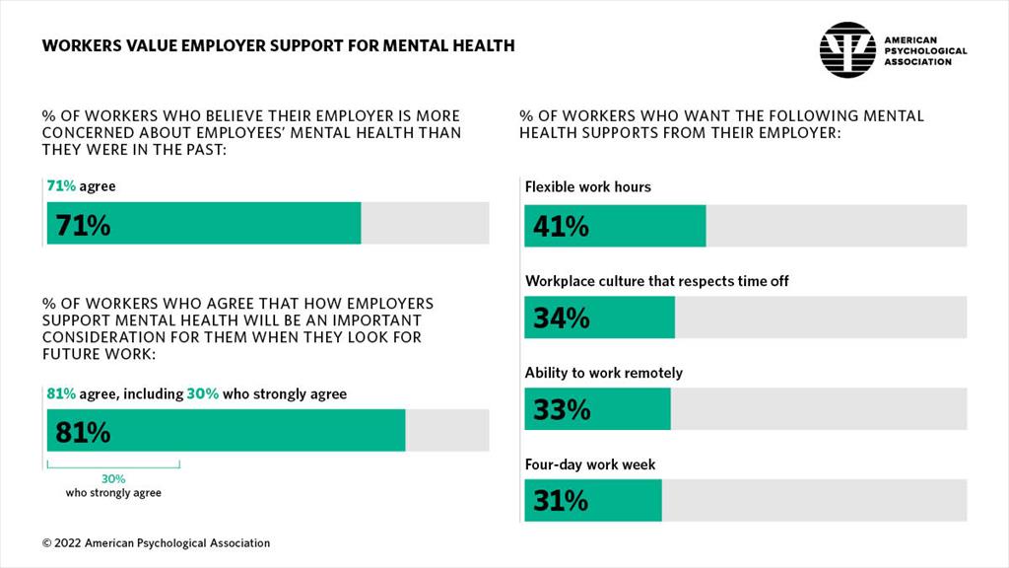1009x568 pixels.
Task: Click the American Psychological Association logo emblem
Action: click(847, 49)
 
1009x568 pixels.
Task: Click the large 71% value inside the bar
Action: click(83, 225)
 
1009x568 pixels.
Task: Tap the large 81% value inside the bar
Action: click(83, 432)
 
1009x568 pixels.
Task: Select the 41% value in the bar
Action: click(561, 227)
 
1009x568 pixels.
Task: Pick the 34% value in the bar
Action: click(561, 319)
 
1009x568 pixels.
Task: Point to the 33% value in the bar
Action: click(561, 409)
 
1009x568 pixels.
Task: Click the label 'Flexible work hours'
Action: click(587, 186)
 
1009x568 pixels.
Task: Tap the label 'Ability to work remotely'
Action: click(603, 373)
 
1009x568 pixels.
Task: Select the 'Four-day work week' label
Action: click(590, 464)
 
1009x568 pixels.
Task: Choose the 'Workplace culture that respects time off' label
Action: click(656, 281)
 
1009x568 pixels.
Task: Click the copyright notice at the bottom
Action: click(156, 543)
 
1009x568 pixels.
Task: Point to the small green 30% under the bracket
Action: click(113, 478)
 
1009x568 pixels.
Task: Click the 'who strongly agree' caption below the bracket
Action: click(113, 492)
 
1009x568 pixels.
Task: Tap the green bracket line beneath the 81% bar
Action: click(113, 464)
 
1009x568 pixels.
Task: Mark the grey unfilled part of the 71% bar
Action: click(425, 223)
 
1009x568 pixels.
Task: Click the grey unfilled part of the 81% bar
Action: click(446, 430)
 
